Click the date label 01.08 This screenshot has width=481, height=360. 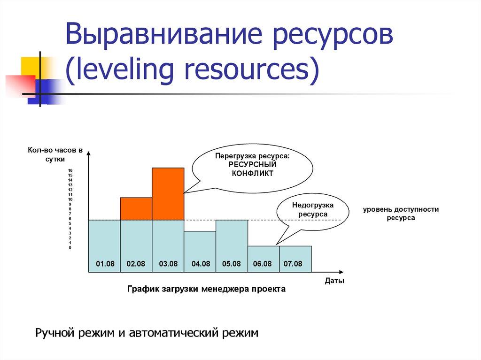pyautogui.click(x=105, y=264)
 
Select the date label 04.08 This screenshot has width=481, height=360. pyautogui.click(x=201, y=264)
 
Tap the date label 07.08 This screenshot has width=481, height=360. pyautogui.click(x=293, y=264)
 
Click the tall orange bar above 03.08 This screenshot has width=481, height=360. pyautogui.click(x=168, y=194)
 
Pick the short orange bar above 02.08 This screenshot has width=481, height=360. pyautogui.click(x=136, y=209)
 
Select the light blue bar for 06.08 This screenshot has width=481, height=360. pyautogui.click(x=264, y=253)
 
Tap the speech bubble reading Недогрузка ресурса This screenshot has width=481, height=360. pyautogui.click(x=313, y=210)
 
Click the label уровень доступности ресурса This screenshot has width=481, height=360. pyautogui.click(x=401, y=214)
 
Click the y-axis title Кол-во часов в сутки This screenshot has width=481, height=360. pyautogui.click(x=55, y=155)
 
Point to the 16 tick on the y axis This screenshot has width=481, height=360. pyautogui.click(x=70, y=170)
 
